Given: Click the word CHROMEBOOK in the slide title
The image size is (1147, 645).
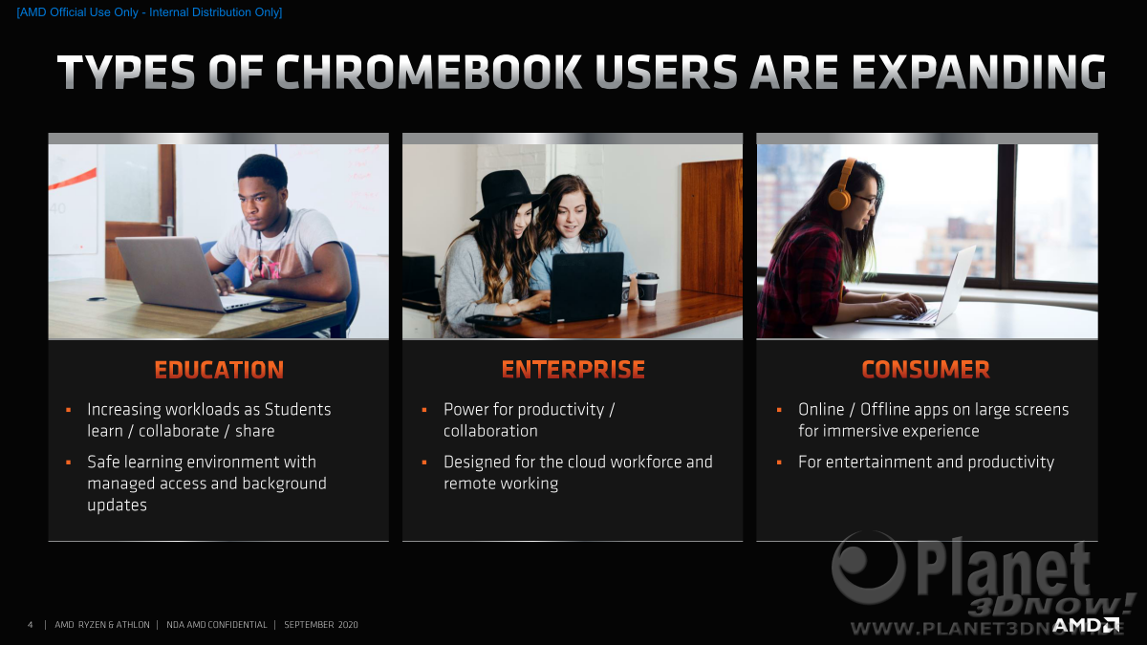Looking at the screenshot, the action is [428, 72].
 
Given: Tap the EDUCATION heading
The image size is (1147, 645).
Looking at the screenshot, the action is [219, 370].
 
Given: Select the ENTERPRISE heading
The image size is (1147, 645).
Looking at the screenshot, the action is [573, 370].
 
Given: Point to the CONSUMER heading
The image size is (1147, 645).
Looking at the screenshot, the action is [926, 370].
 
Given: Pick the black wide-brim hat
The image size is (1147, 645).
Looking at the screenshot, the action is [508, 195].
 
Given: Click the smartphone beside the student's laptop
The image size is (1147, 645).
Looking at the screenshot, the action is [283, 307].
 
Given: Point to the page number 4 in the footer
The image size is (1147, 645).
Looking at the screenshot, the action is [31, 625].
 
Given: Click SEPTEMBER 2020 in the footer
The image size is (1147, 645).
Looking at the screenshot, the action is [321, 625].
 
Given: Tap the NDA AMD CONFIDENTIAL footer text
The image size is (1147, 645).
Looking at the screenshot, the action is [217, 625].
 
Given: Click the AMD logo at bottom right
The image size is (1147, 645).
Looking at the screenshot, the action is [1086, 625].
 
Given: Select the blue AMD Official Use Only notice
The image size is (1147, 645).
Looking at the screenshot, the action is [149, 12].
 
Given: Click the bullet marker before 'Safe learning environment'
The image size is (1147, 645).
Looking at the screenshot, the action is [69, 462].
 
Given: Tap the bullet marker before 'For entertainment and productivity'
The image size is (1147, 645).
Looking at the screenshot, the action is [779, 462].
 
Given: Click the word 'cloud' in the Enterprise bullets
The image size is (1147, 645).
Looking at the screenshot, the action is [586, 462].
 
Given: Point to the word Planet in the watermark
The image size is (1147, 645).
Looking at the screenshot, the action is [1003, 571].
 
